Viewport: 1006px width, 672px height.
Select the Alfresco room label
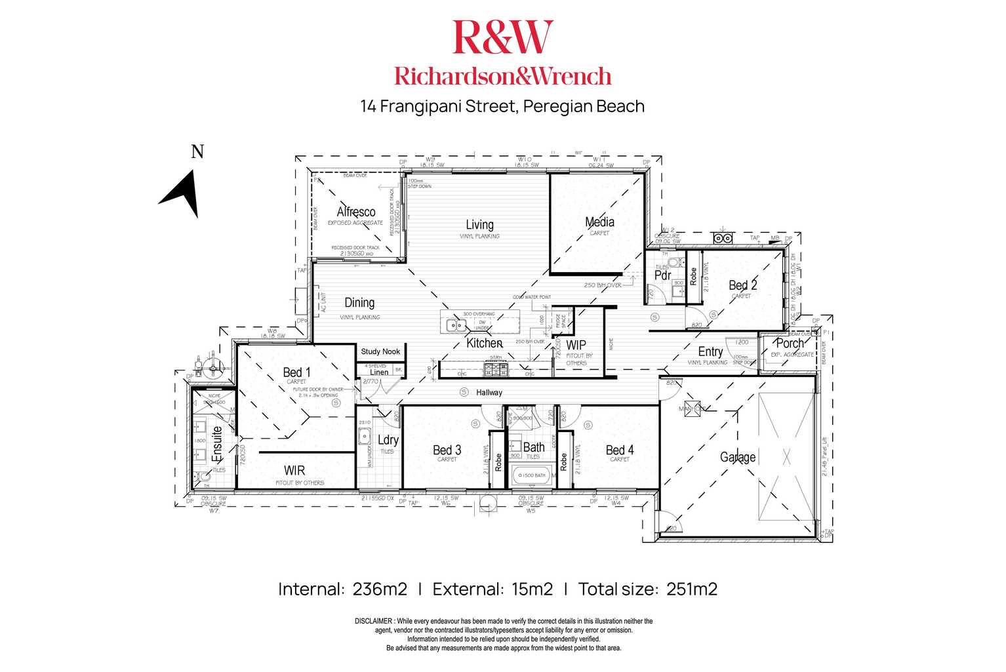tap(355, 212)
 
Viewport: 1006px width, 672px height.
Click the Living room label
tap(479, 225)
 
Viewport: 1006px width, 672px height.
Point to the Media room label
tap(599, 222)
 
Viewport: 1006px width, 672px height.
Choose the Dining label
tap(359, 303)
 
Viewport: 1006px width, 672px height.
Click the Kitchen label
tap(484, 343)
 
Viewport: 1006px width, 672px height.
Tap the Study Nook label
tap(380, 352)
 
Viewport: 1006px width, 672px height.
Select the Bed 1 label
tap(296, 372)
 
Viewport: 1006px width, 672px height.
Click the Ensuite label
tap(218, 444)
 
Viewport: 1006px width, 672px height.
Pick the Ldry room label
tap(388, 440)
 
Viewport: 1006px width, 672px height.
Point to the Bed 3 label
tap(447, 450)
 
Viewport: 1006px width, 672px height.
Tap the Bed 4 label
tap(619, 450)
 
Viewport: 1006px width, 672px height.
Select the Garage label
tap(738, 457)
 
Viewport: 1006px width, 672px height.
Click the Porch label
tap(790, 344)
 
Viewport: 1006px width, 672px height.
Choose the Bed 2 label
tap(742, 286)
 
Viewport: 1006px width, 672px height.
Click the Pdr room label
tap(662, 276)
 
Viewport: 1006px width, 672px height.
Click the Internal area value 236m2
tap(380, 589)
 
